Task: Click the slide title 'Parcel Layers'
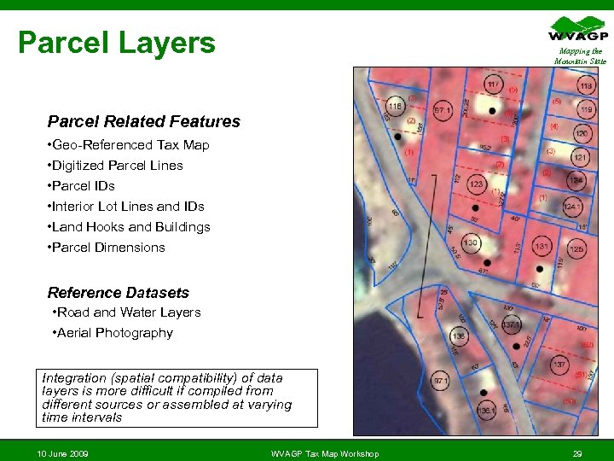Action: [117, 42]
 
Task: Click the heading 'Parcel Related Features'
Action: [144, 122]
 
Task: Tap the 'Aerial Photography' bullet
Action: [115, 333]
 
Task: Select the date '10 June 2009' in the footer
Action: [63, 452]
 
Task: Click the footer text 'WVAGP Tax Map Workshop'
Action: [324, 452]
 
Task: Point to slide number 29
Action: [577, 452]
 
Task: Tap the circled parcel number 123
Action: [476, 184]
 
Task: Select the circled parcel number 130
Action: [470, 243]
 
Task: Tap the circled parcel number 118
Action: [587, 86]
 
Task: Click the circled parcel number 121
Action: [580, 158]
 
